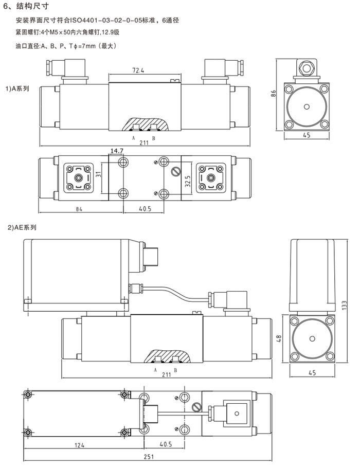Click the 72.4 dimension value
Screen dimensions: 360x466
tap(138, 70)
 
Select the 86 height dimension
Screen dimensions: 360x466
tap(274, 93)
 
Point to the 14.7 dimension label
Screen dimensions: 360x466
tap(117, 151)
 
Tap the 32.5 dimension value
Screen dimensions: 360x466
tap(188, 181)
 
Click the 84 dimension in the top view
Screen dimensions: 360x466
tap(79, 209)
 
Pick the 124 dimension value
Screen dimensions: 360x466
tap(79, 445)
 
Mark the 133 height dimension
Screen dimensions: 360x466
tap(344, 305)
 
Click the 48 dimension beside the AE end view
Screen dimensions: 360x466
tap(279, 338)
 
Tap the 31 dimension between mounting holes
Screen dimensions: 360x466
tap(99, 174)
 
